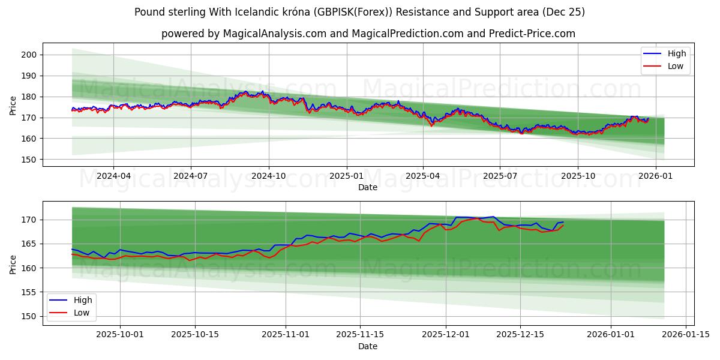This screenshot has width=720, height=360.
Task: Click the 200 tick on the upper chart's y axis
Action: point(30,55)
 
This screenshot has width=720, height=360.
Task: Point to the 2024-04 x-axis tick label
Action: point(113,177)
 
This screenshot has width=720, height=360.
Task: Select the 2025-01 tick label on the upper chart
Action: point(346,177)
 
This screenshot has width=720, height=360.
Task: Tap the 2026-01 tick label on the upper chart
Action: point(655,177)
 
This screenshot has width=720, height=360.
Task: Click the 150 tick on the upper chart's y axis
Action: point(30,160)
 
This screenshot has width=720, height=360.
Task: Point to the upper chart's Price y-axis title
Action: point(13,106)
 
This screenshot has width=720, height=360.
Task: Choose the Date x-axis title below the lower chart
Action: point(368,346)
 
